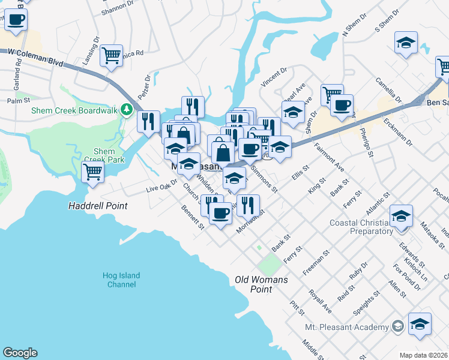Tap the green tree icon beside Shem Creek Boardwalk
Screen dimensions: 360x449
(126, 109)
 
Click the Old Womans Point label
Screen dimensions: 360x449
(261, 284)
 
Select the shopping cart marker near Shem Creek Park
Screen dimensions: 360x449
(93, 172)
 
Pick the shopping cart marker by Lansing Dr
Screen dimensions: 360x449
(112, 55)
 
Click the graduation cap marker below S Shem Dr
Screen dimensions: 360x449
(406, 43)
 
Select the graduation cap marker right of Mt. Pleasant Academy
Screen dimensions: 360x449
(420, 323)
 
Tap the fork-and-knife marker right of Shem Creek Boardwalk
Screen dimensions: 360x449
(148, 121)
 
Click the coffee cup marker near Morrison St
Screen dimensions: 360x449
(220, 212)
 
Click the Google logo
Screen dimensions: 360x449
(20, 353)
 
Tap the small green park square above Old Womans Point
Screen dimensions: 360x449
(270, 263)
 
